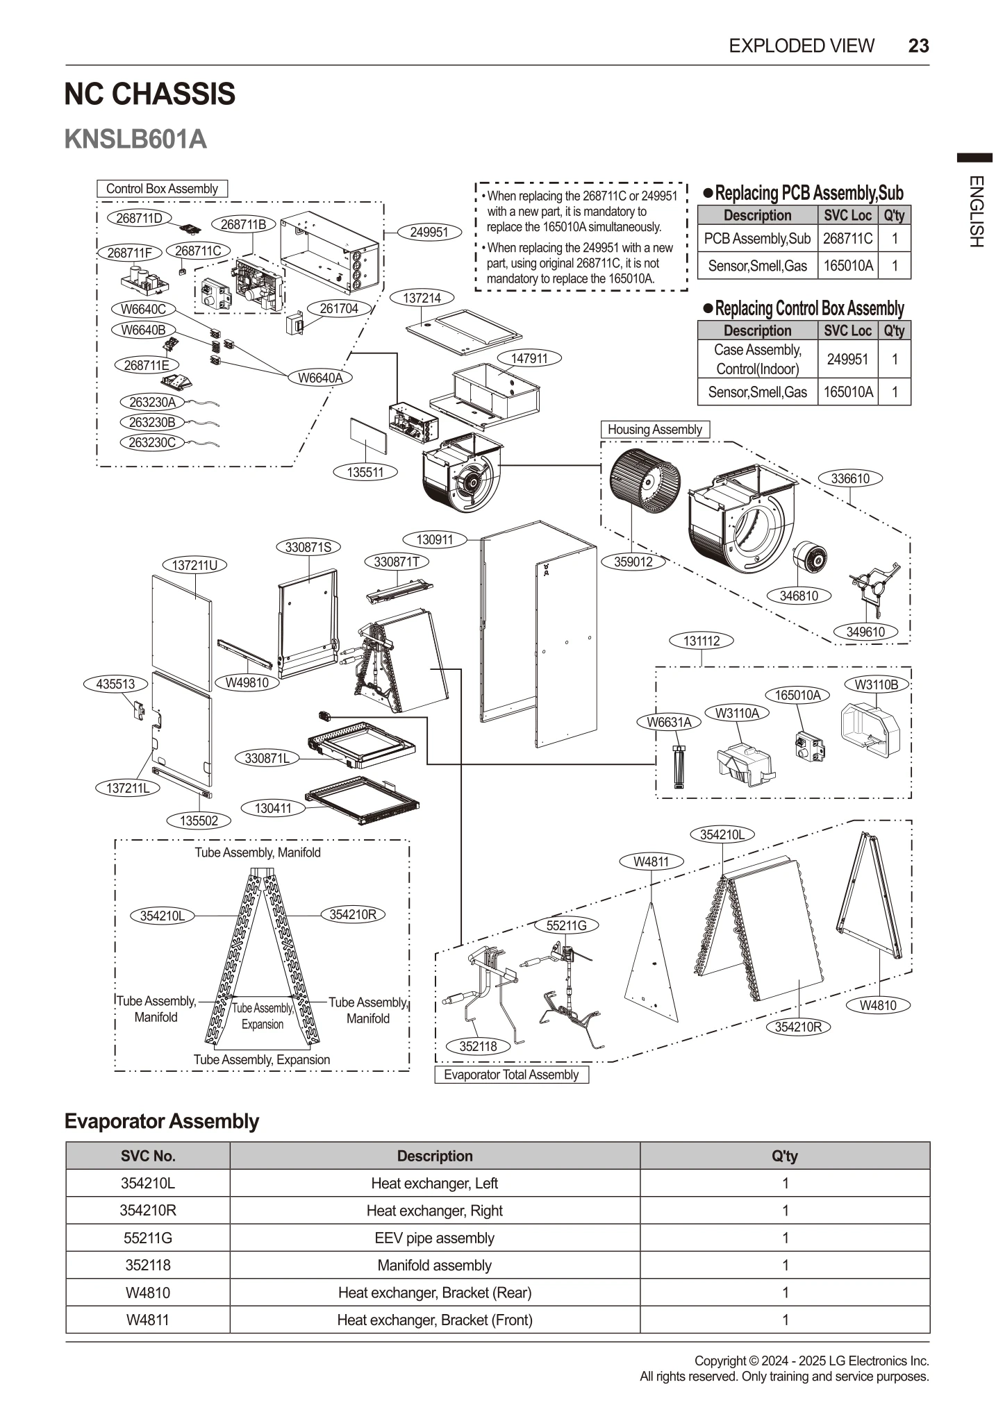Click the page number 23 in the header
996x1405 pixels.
point(918,46)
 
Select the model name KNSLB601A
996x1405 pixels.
point(135,139)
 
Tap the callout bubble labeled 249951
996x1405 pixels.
point(429,232)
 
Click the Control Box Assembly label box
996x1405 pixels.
point(162,189)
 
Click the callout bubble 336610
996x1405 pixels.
point(850,478)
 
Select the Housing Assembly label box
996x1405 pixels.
point(654,430)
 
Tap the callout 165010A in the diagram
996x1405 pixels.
point(797,695)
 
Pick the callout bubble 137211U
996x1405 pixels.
point(194,565)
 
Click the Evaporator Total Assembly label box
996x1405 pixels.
point(511,1075)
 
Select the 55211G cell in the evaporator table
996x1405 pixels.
point(147,1238)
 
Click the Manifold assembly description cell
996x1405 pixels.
point(434,1265)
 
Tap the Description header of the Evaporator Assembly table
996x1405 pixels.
point(434,1156)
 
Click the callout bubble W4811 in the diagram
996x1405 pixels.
point(651,861)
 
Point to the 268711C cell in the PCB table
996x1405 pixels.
point(847,239)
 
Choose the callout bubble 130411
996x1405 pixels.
point(273,808)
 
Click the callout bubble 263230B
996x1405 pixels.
point(152,422)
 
